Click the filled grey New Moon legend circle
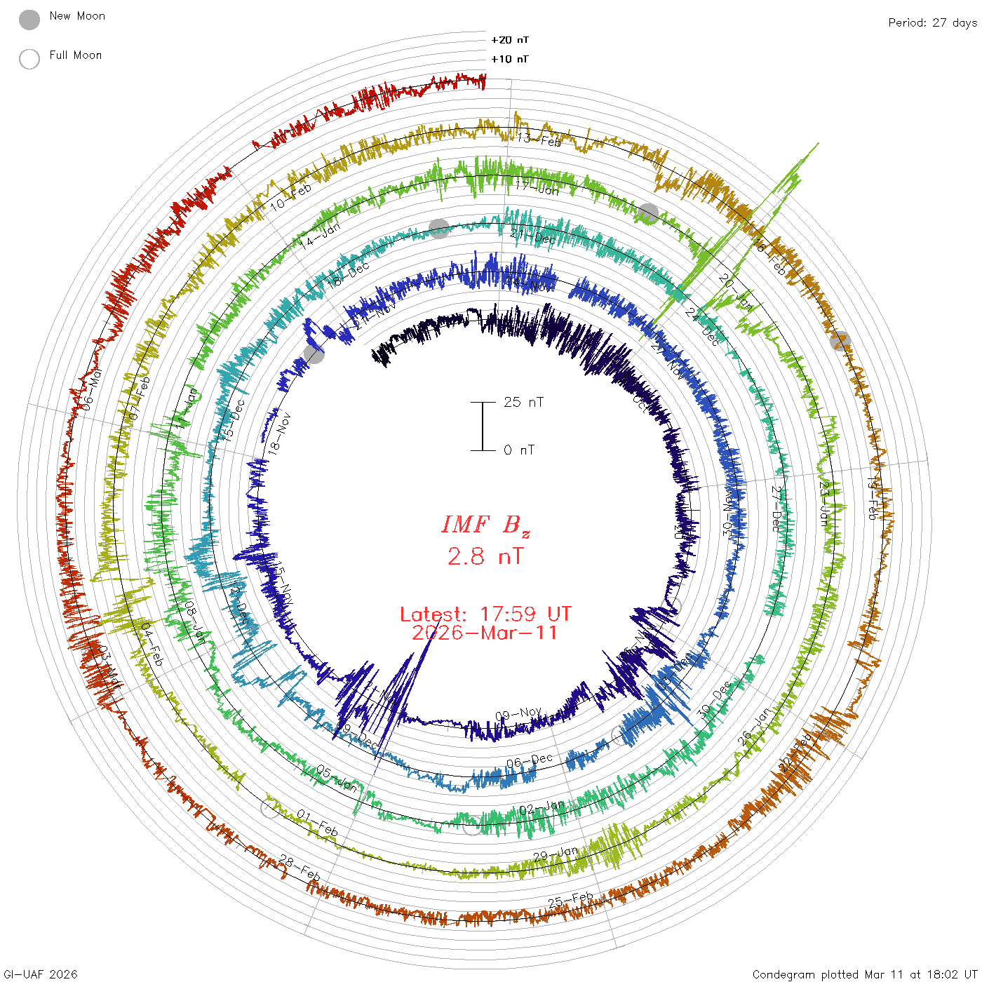29,20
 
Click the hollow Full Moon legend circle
29,59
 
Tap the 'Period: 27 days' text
932,22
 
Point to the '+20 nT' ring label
510,40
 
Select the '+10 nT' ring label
510,59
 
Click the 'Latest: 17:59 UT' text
485,614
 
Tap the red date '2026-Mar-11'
485,633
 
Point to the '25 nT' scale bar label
523,402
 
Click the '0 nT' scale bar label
519,450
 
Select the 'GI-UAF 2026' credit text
41,974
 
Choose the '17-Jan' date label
537,188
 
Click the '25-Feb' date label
570,900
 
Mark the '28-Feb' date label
300,869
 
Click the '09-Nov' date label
518,715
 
